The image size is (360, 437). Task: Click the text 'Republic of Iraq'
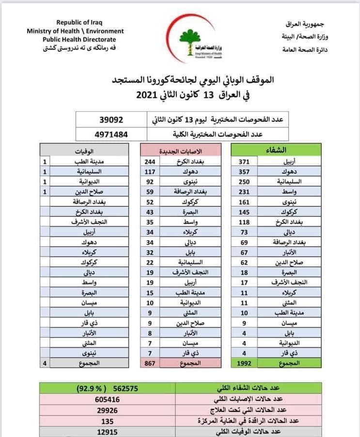pos(79,22)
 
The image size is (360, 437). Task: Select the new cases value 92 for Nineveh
pos(150,181)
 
